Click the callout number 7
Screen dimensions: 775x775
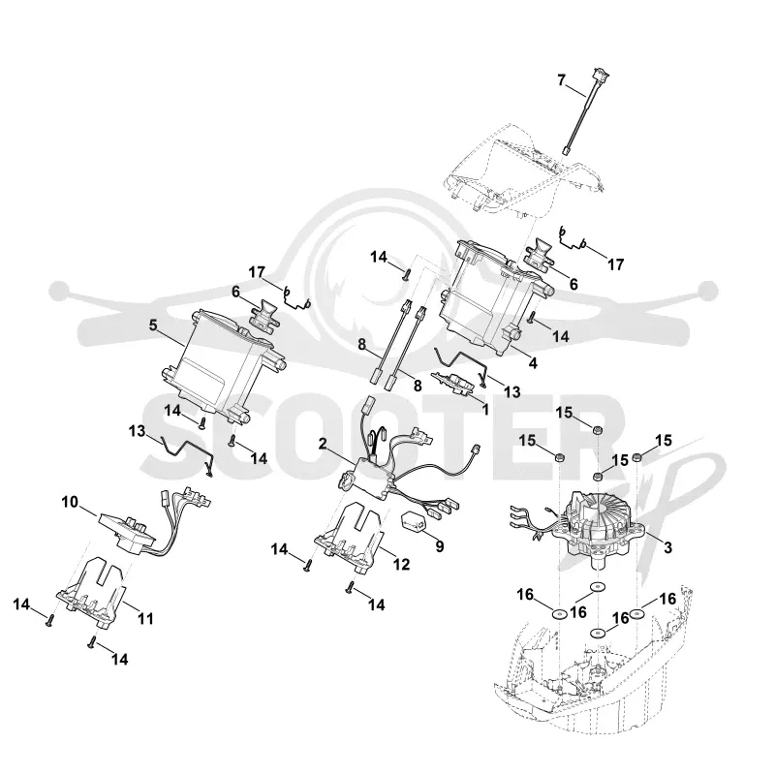pyautogui.click(x=561, y=80)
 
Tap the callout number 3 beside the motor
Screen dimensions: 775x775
pyautogui.click(x=667, y=547)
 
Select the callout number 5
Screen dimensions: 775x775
pyautogui.click(x=153, y=325)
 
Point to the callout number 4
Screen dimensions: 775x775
pyautogui.click(x=533, y=363)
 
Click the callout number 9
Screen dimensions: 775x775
pyautogui.click(x=440, y=546)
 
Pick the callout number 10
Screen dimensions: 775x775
pyautogui.click(x=70, y=502)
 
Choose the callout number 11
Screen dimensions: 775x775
pyautogui.click(x=145, y=618)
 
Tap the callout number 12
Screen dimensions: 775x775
pyautogui.click(x=401, y=564)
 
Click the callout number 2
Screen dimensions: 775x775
pyautogui.click(x=323, y=444)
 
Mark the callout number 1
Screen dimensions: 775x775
pyautogui.click(x=485, y=409)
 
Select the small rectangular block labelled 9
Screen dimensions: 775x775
pyautogui.click(x=414, y=522)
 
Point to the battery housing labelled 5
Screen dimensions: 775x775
pyautogui.click(x=224, y=363)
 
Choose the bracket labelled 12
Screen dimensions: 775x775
pyautogui.click(x=350, y=539)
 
